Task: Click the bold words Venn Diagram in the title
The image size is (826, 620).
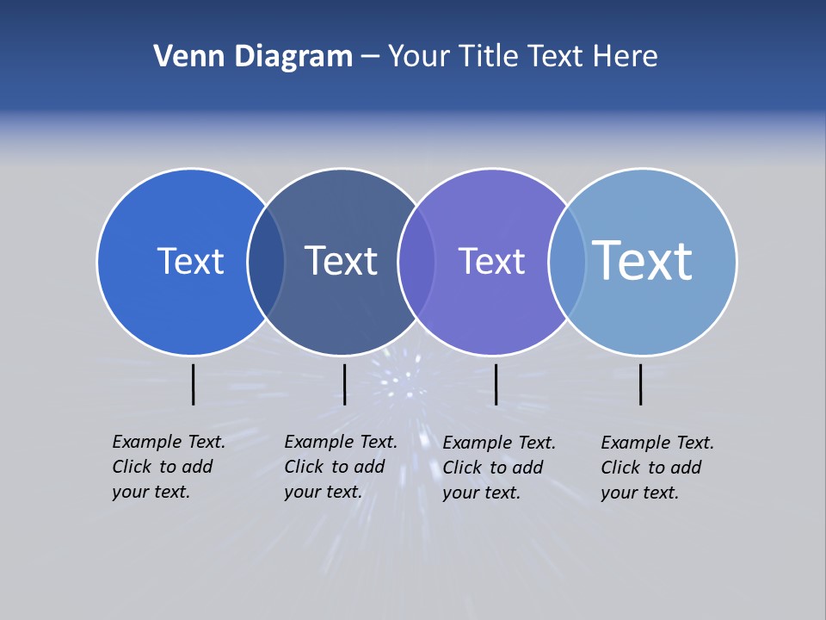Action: tap(253, 57)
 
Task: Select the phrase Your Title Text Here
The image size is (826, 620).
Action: tap(522, 57)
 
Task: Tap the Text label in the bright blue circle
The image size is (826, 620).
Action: tap(190, 261)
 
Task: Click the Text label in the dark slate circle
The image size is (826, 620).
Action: tap(342, 261)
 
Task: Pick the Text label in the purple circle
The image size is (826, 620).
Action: tap(491, 261)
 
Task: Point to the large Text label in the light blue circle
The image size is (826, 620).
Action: tap(643, 260)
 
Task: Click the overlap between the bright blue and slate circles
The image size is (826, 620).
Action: tap(267, 262)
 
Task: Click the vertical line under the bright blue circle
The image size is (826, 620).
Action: tap(193, 384)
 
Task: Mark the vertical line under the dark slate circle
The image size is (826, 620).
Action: tap(344, 384)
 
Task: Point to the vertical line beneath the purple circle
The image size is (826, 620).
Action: tap(496, 384)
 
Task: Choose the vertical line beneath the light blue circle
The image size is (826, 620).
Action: tap(640, 384)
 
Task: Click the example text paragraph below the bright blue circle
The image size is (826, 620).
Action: tap(168, 467)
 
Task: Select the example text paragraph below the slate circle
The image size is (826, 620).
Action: tap(340, 467)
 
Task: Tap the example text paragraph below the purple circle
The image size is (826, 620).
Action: tap(498, 468)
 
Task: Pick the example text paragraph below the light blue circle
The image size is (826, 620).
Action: tap(656, 468)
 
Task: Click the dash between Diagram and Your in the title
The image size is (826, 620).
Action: tap(369, 58)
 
